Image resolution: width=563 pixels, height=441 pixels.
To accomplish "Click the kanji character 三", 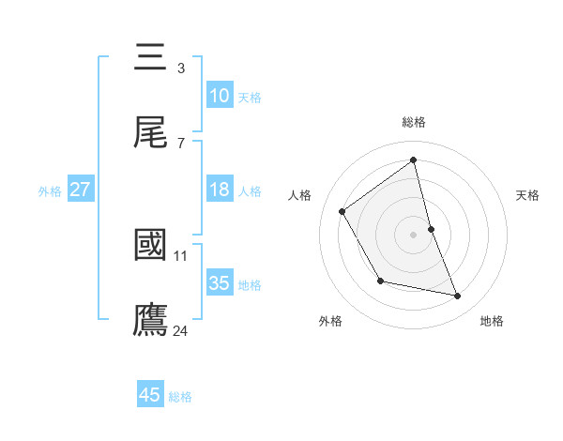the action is [151, 58].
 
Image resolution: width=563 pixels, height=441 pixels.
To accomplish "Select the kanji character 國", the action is [151, 245].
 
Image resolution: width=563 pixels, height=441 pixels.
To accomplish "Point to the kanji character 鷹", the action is [151, 320].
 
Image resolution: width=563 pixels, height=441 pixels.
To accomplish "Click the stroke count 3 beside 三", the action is [181, 68].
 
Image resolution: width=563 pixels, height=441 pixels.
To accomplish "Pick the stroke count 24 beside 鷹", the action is [181, 330].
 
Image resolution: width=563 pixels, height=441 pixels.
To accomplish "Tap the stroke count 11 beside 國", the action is [181, 255].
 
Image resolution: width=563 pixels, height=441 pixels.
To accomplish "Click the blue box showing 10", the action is [220, 96].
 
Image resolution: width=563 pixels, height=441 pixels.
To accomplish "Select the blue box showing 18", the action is [220, 190].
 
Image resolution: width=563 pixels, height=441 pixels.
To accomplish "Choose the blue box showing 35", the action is [220, 283].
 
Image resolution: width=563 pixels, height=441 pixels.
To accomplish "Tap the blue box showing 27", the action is [81, 190].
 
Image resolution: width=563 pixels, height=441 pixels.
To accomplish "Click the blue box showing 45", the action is [150, 395].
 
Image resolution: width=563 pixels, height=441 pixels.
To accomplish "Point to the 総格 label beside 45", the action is [180, 397].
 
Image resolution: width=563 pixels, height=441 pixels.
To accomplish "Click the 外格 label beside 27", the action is [50, 191].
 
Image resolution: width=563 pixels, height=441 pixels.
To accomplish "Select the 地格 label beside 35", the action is [250, 285].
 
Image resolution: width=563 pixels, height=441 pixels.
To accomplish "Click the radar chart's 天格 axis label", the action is [528, 195].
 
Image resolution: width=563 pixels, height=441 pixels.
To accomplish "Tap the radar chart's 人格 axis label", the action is [300, 195].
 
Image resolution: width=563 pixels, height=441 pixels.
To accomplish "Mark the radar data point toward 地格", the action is [458, 297].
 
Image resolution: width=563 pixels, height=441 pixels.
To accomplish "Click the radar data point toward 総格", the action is [414, 160].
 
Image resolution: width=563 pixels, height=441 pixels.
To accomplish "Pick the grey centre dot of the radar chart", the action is [414, 234].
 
